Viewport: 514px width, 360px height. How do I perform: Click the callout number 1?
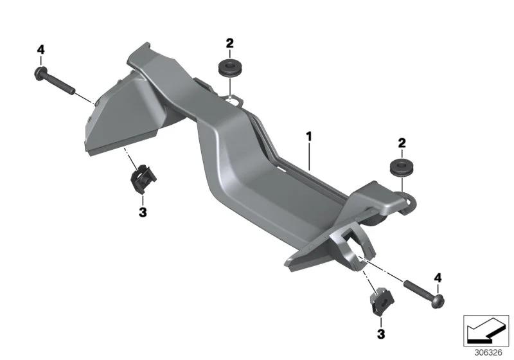309,136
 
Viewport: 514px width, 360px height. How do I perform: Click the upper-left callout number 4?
40,50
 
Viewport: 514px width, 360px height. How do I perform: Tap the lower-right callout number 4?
438,278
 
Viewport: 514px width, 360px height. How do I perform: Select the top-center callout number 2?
230,43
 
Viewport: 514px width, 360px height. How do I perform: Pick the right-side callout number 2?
402,143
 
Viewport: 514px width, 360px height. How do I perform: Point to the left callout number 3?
143,212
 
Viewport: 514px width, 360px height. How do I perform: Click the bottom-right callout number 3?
381,334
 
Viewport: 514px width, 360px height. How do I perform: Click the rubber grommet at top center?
230,67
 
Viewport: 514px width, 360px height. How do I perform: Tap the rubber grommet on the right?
402,168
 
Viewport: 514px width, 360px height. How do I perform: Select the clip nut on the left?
143,179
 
